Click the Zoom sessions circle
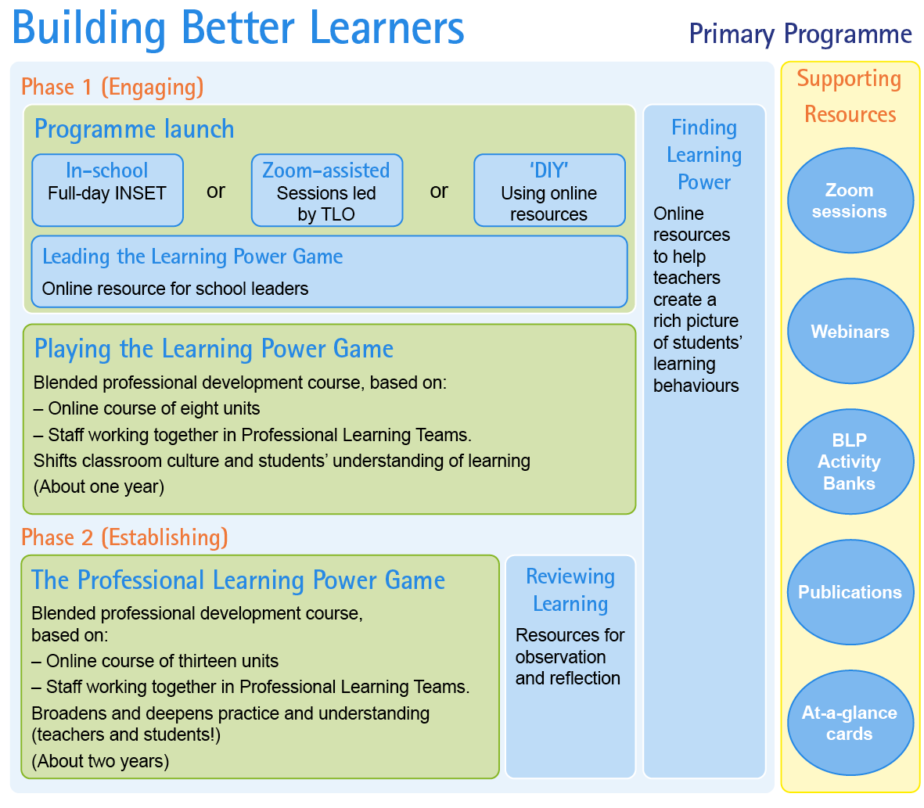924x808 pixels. coord(850,200)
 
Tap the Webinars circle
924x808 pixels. coord(850,331)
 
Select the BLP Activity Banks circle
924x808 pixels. coord(850,461)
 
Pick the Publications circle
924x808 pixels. coord(850,592)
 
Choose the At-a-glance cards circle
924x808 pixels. coord(850,723)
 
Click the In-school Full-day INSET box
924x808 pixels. coord(107,190)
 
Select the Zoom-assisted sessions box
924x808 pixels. coord(327,190)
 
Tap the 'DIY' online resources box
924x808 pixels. coord(549,190)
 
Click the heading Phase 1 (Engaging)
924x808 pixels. coord(113,87)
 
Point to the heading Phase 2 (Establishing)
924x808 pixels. coord(125,537)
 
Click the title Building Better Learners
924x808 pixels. coord(238,28)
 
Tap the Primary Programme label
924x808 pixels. coord(800,34)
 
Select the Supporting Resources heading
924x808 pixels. coord(850,96)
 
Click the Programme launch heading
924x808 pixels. coord(135,129)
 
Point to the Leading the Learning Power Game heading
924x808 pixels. coord(192,257)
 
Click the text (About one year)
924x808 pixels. coord(99,487)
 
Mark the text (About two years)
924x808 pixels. coord(100,761)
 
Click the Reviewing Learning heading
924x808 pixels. coord(570,590)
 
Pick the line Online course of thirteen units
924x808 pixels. coord(155,661)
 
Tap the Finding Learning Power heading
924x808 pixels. coord(704,155)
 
